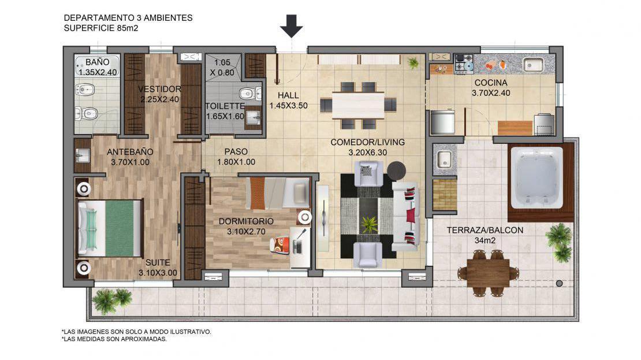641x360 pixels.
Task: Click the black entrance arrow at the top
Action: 292,26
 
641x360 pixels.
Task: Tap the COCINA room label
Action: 490,83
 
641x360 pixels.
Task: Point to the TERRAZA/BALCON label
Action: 485,230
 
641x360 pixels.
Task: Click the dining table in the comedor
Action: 358,105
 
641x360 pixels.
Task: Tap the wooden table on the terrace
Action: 488,273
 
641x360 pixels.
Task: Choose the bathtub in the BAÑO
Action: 97,66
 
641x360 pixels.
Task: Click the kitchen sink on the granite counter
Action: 534,65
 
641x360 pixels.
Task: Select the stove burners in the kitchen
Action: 464,64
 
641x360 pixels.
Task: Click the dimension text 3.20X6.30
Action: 367,153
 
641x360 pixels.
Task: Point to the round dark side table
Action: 396,170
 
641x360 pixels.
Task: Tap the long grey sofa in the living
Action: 405,216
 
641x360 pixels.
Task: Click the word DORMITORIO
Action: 246,221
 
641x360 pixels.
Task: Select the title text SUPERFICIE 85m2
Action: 101,28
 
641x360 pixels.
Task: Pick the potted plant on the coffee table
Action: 370,225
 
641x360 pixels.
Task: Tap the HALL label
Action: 288,95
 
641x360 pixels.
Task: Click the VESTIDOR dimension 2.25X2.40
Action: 159,99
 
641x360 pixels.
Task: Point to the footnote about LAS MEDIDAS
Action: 114,339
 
